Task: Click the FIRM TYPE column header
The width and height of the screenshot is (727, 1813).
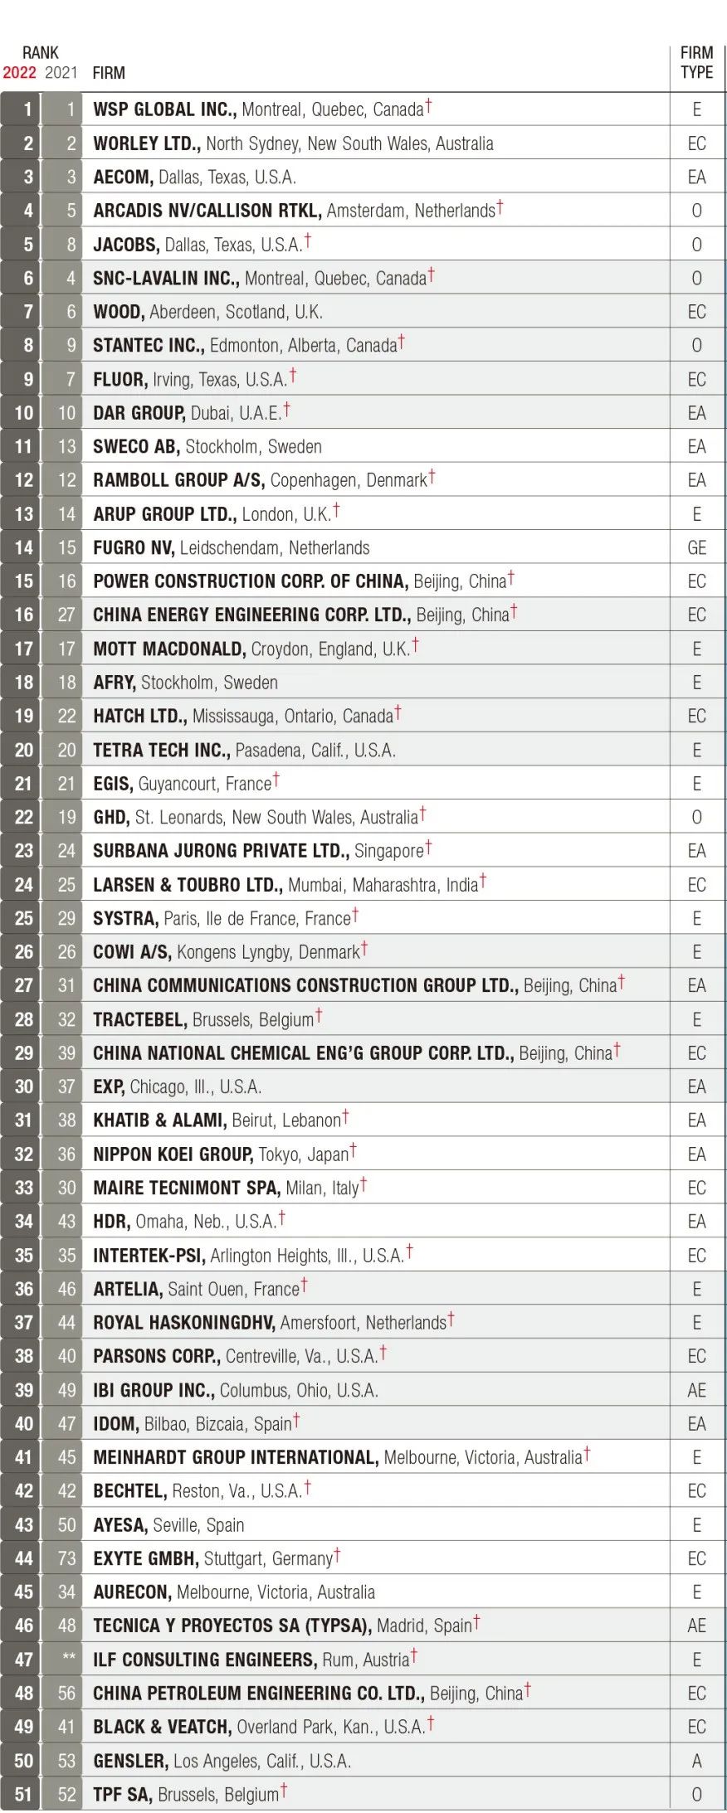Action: [x=696, y=63]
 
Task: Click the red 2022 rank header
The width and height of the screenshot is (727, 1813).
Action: [x=20, y=73]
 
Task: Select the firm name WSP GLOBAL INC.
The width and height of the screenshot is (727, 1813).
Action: [x=164, y=109]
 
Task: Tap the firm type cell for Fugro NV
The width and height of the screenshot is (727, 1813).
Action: [x=696, y=548]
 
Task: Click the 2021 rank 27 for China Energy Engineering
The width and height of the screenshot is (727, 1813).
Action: [x=66, y=615]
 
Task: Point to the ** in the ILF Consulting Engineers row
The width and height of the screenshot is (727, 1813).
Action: [x=68, y=1659]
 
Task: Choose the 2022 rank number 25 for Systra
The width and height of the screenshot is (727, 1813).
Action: [x=24, y=919]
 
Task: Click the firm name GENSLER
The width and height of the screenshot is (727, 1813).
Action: [x=130, y=1761]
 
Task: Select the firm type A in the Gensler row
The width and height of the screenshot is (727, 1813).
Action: [x=696, y=1761]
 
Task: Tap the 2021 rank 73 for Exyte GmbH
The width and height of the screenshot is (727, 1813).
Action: [x=66, y=1558]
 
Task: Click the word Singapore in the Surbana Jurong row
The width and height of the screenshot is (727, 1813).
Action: [x=388, y=852]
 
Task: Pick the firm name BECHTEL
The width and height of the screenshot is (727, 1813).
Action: [x=129, y=1491]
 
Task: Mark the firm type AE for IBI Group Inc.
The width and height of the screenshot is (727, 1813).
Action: [x=696, y=1391]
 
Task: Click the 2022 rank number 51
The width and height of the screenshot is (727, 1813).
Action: [x=24, y=1795]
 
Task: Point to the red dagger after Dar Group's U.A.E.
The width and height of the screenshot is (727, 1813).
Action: [x=287, y=409]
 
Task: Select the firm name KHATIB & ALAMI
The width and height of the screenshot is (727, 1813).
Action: [x=159, y=1120]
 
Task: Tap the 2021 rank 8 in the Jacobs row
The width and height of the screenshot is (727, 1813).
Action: [x=71, y=245]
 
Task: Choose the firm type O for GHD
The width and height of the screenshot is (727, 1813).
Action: [x=696, y=818]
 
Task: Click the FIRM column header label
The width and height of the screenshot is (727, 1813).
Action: [x=109, y=73]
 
